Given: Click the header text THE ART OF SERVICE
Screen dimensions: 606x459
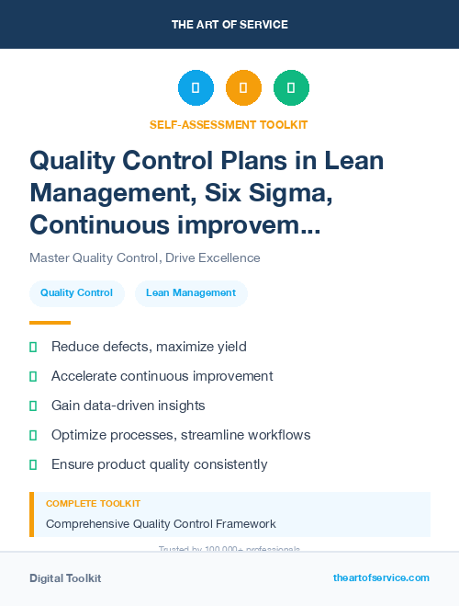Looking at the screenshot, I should tap(229, 24).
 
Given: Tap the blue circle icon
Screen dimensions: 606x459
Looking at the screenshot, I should tap(196, 88).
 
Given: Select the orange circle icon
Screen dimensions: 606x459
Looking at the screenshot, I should tap(243, 88).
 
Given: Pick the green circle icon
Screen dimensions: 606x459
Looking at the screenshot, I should tap(291, 88).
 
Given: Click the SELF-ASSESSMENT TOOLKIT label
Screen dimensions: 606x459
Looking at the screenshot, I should tap(229, 124).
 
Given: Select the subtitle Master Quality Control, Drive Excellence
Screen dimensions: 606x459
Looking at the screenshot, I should tap(144, 257).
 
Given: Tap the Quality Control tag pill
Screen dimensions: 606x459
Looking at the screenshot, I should tap(76, 293).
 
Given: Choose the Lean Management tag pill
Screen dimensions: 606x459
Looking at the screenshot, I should tap(191, 293).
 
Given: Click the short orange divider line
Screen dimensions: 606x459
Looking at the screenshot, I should tap(50, 323).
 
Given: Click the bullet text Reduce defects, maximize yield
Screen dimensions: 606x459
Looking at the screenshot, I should tap(149, 347).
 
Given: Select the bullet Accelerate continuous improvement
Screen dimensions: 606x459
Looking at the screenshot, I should tap(162, 376).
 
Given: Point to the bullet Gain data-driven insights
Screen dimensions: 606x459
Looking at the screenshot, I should tap(128, 406).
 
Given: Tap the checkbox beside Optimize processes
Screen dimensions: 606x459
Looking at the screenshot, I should tap(33, 435).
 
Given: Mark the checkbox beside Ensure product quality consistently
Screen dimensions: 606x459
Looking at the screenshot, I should tap(33, 464).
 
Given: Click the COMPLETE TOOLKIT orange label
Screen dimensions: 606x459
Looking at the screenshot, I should tap(93, 504).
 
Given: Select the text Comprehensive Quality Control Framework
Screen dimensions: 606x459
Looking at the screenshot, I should tap(161, 524).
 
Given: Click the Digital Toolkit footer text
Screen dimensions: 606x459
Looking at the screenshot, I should tap(65, 578).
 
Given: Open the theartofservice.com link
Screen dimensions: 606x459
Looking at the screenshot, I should tap(381, 577).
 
